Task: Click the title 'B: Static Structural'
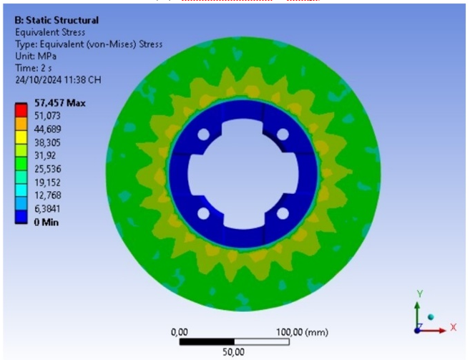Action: click(57, 21)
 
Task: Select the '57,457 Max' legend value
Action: click(60, 103)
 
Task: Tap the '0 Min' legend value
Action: click(46, 223)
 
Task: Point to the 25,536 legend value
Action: click(48, 169)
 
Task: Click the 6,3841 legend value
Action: click(47, 208)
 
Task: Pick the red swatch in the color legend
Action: click(21, 110)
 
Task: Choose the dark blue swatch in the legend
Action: click(21, 217)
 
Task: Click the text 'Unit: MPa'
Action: click(36, 56)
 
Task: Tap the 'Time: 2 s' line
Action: click(34, 68)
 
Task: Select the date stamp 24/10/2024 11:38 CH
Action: click(58, 79)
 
